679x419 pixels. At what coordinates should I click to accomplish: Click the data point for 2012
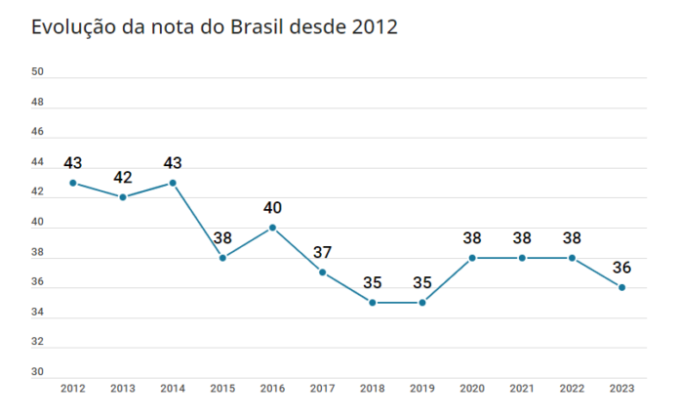(x=73, y=183)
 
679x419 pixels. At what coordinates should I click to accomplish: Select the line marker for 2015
(x=222, y=258)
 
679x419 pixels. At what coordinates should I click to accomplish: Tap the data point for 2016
(x=272, y=228)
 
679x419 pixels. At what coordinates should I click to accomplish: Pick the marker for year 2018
(x=373, y=303)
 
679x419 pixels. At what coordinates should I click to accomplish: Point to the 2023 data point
(x=621, y=287)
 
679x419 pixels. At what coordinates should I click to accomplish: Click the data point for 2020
(x=472, y=258)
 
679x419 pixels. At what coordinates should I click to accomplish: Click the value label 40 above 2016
(x=272, y=208)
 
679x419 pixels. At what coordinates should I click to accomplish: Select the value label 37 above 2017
(x=323, y=253)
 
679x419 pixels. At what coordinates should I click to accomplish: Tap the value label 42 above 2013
(x=123, y=178)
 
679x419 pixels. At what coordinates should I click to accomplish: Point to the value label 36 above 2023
(x=621, y=268)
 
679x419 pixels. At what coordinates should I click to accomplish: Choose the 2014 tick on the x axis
(x=173, y=388)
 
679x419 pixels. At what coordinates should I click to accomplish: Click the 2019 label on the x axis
(x=422, y=388)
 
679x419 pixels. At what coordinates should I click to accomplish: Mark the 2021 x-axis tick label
(x=522, y=388)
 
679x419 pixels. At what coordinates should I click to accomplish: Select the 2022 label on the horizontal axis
(x=572, y=388)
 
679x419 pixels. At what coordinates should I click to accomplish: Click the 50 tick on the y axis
(x=37, y=72)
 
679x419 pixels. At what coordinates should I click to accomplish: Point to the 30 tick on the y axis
(x=37, y=372)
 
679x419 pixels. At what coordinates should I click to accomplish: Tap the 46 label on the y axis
(x=37, y=132)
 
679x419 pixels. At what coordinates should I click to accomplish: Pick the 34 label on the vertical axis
(x=37, y=313)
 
